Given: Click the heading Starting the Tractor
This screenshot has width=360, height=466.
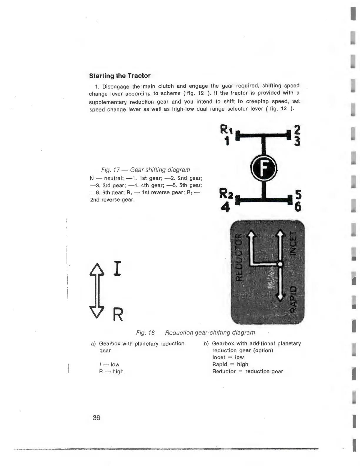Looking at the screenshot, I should point(120,76).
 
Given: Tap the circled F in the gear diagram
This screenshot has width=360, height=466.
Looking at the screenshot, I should point(264,167).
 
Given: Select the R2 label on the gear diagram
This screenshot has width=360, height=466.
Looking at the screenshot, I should point(226,194).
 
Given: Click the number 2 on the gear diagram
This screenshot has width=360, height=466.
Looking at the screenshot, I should point(297,130).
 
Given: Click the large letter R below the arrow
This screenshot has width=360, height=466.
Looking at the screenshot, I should point(118,315).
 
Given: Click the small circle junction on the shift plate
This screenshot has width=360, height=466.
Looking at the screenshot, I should point(280,264).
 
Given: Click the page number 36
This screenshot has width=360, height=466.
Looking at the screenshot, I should point(96,418).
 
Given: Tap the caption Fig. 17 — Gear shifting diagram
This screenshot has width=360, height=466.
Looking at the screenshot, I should point(146,170).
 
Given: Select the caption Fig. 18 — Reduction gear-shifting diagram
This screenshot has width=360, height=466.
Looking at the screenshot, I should point(196,333).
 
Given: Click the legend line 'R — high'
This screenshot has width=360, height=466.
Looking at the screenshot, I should point(111,372).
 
